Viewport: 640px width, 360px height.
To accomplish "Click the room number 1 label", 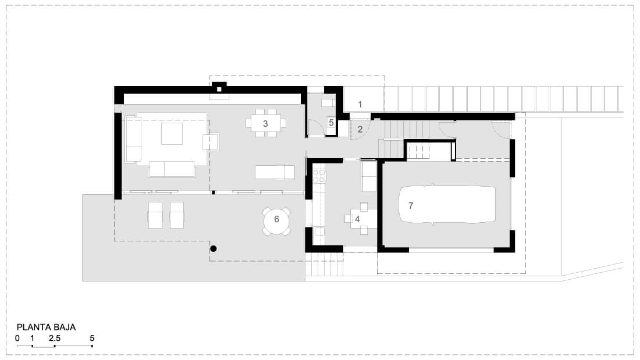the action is (x=360, y=105).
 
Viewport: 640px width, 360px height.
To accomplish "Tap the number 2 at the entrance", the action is (x=360, y=129).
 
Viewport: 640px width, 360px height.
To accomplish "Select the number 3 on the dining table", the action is (x=265, y=123).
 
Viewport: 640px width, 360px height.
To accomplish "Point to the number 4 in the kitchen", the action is (x=357, y=219).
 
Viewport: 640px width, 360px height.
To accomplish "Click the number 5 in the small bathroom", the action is (x=331, y=123).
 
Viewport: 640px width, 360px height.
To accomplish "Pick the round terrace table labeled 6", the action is (x=276, y=220).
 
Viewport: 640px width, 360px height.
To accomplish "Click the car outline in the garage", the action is (x=447, y=204).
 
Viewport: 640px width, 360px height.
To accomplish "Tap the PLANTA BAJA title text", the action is (x=46, y=327).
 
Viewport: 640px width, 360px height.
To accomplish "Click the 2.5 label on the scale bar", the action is (x=55, y=338).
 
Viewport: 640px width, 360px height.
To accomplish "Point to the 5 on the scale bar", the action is (x=92, y=338).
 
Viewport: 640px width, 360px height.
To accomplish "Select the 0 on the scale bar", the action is (x=17, y=338).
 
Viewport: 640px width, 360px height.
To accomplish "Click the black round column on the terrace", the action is (x=213, y=248).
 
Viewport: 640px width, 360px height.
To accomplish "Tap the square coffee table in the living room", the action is (x=172, y=133).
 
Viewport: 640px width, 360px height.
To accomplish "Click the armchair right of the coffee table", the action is (x=211, y=142).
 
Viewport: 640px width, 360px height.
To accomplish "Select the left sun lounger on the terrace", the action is (x=155, y=215).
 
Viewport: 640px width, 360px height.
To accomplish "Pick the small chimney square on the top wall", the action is (x=219, y=90).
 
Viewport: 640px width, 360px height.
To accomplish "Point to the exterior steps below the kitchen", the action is (x=324, y=265).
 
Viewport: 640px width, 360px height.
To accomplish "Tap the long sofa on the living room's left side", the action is (x=133, y=139).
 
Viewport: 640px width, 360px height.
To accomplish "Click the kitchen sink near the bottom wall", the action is (x=319, y=232).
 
